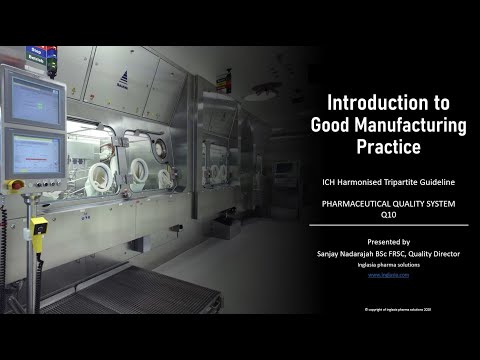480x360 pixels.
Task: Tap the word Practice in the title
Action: click(x=389, y=148)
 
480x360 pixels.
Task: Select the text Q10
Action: click(x=389, y=213)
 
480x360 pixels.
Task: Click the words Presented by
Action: click(x=389, y=242)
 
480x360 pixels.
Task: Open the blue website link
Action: click(x=389, y=273)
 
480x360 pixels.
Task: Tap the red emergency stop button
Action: click(x=13, y=184)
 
